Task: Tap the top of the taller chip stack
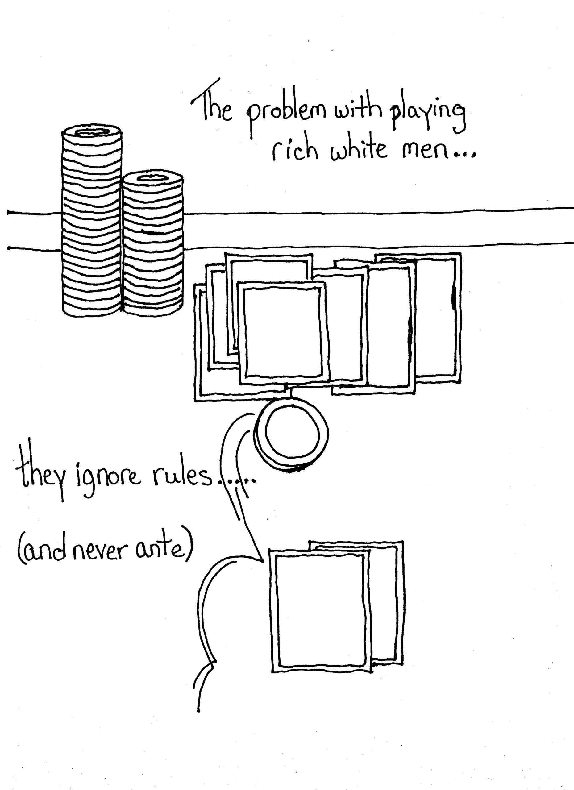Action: tap(92, 133)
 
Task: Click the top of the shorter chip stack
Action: tap(153, 178)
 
